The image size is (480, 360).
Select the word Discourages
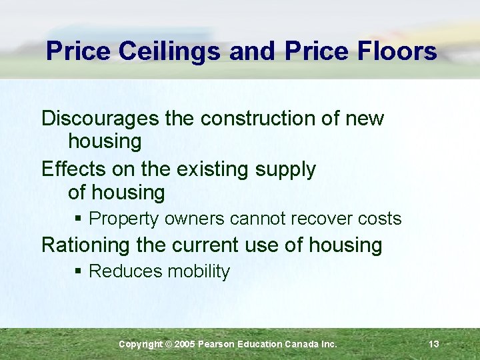tap(101, 119)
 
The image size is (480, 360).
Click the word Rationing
tap(86, 245)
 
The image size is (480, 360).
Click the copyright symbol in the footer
tap(168, 344)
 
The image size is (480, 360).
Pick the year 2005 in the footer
tap(186, 344)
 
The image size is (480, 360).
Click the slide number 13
tap(434, 344)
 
